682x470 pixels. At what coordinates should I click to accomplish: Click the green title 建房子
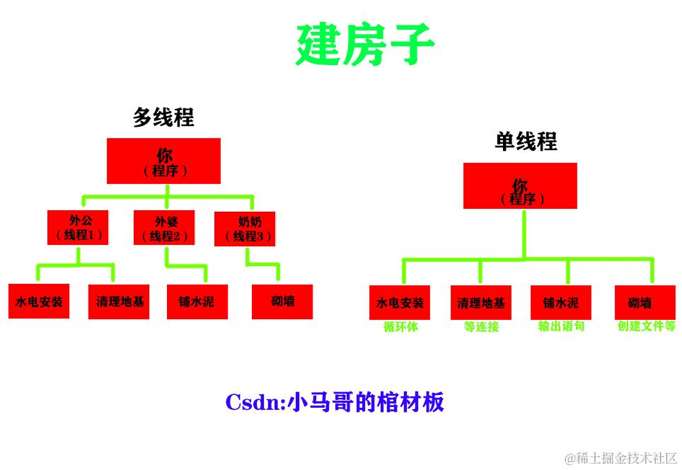point(364,45)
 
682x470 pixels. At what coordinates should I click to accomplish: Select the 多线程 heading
point(163,117)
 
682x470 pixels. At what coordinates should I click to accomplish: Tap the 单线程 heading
point(526,142)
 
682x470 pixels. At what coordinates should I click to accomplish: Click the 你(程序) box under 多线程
point(163,161)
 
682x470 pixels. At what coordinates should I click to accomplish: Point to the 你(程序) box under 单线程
point(520,186)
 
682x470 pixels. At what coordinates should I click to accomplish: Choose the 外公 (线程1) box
point(78,227)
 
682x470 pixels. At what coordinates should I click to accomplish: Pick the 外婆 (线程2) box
point(164,228)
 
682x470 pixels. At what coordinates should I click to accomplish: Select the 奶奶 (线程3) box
point(245,229)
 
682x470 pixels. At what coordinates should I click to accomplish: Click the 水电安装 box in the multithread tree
point(39,301)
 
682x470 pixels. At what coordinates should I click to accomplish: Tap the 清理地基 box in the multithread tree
point(119,302)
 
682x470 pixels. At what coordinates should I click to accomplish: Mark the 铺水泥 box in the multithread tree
point(197,302)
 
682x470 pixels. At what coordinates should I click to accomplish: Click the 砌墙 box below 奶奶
point(282,302)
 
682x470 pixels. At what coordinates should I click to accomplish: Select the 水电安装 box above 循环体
point(400,303)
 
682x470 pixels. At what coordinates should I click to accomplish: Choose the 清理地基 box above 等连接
point(481,303)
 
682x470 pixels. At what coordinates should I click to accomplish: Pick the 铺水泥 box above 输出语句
point(561,303)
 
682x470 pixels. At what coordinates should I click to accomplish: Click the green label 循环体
point(400,327)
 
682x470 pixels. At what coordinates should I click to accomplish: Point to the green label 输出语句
point(561,327)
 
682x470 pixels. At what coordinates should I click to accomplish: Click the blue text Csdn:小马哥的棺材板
point(335,402)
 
